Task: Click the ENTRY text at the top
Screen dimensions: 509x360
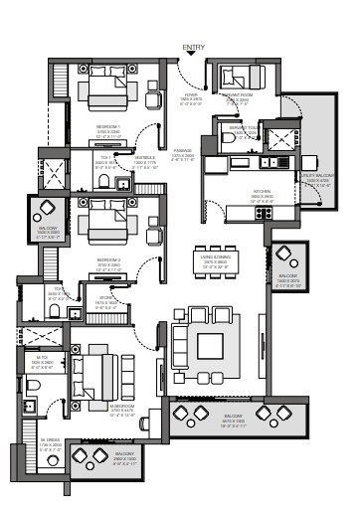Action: pos(194,47)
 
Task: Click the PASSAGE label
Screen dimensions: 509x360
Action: pos(180,156)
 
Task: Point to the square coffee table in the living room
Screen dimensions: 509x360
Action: pos(210,346)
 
